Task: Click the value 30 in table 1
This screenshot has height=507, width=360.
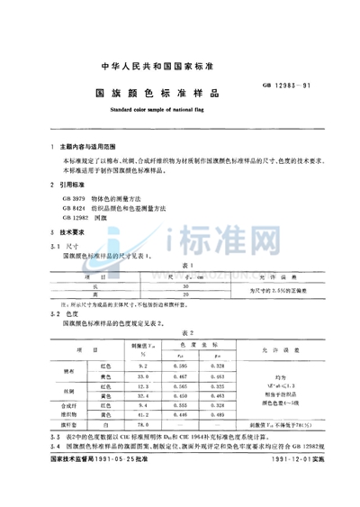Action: coord(184,285)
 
